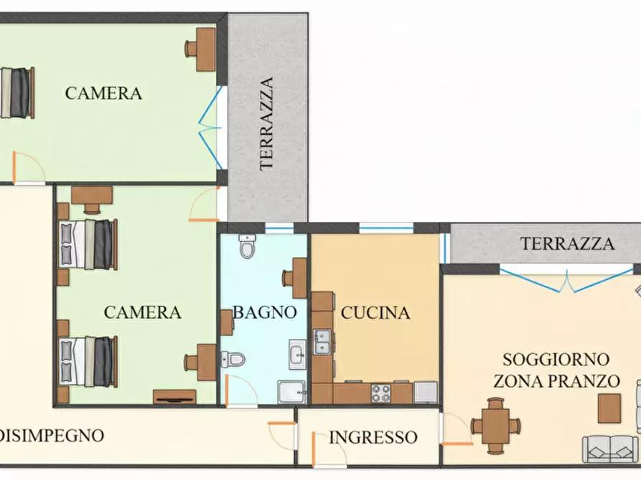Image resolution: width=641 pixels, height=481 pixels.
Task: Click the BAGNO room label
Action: [264, 312]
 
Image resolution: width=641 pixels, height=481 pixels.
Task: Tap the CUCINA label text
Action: [375, 313]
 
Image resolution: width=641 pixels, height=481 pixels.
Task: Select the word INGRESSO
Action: [373, 437]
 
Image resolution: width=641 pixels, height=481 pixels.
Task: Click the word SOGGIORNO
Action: [556, 359]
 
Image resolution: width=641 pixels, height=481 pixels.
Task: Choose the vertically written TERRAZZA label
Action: [267, 123]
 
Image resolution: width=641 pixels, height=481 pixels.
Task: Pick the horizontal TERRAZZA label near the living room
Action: [567, 243]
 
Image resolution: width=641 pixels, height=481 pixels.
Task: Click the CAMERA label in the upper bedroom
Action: [103, 93]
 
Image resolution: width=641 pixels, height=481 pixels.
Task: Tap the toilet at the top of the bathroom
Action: [248, 246]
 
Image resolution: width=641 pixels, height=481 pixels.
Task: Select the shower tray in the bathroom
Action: [291, 391]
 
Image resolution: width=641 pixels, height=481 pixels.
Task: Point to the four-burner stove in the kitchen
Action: [380, 393]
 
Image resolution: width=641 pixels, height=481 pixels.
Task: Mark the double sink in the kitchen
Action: [322, 341]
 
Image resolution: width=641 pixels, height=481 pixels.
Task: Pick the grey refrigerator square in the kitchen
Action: [425, 392]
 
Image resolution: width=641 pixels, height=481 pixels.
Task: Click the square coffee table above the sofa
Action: [609, 408]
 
